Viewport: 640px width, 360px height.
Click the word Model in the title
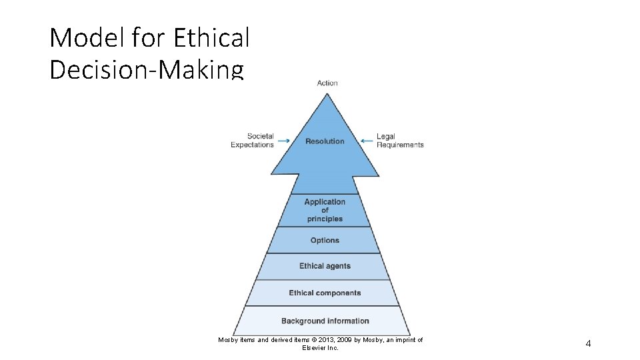pos(87,38)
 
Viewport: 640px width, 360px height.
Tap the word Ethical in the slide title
pos(211,38)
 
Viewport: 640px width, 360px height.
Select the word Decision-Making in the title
pos(147,69)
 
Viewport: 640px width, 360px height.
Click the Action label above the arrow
pos(327,83)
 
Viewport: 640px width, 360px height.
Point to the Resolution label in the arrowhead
pos(325,141)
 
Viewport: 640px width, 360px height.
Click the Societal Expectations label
pos(253,141)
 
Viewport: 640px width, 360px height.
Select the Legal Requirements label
pos(400,141)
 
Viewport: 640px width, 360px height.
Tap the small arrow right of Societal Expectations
pos(283,141)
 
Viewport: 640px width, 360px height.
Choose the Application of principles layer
pos(325,210)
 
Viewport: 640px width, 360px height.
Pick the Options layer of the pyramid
pos(325,240)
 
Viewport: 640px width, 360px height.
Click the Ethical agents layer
pos(325,266)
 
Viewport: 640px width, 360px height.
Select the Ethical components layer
pos(325,293)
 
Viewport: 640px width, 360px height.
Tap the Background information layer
pos(325,321)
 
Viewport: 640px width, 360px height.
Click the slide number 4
pos(588,343)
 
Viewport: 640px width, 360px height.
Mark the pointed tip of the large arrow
pos(327,94)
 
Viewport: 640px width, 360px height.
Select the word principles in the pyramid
pos(325,219)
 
